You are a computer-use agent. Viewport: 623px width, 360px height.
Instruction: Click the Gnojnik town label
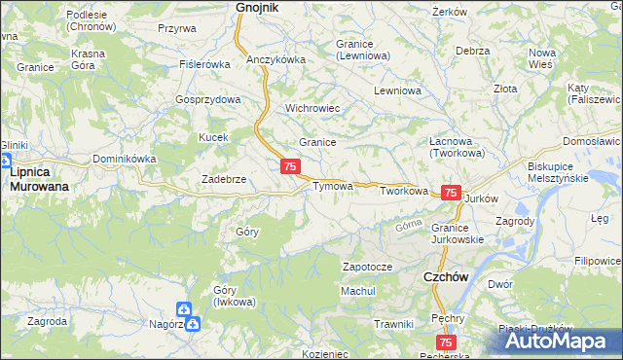(257, 8)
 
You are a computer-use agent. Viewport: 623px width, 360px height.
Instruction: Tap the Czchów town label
(448, 276)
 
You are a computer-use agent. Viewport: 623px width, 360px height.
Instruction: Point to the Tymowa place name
(332, 186)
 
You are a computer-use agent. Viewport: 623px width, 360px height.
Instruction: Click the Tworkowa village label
(404, 192)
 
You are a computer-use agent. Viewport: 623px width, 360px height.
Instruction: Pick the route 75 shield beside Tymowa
(289, 167)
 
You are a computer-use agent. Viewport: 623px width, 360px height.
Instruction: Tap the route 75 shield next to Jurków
(451, 194)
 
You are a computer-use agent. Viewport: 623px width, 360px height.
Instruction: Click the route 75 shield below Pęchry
(446, 342)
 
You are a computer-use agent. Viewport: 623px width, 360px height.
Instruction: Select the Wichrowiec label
(311, 108)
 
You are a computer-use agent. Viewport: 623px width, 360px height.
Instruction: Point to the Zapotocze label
(367, 267)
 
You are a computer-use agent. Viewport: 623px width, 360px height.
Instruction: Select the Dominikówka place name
(124, 159)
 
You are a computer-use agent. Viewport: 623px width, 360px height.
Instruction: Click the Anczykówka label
(276, 59)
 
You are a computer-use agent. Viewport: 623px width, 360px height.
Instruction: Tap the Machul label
(357, 291)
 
